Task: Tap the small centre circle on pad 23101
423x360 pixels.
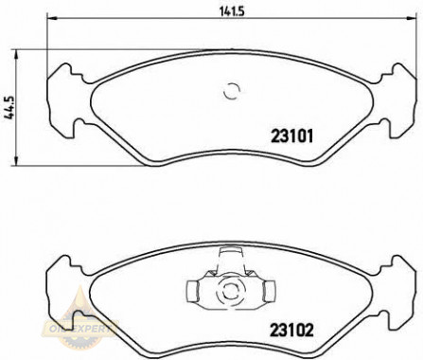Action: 230,92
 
